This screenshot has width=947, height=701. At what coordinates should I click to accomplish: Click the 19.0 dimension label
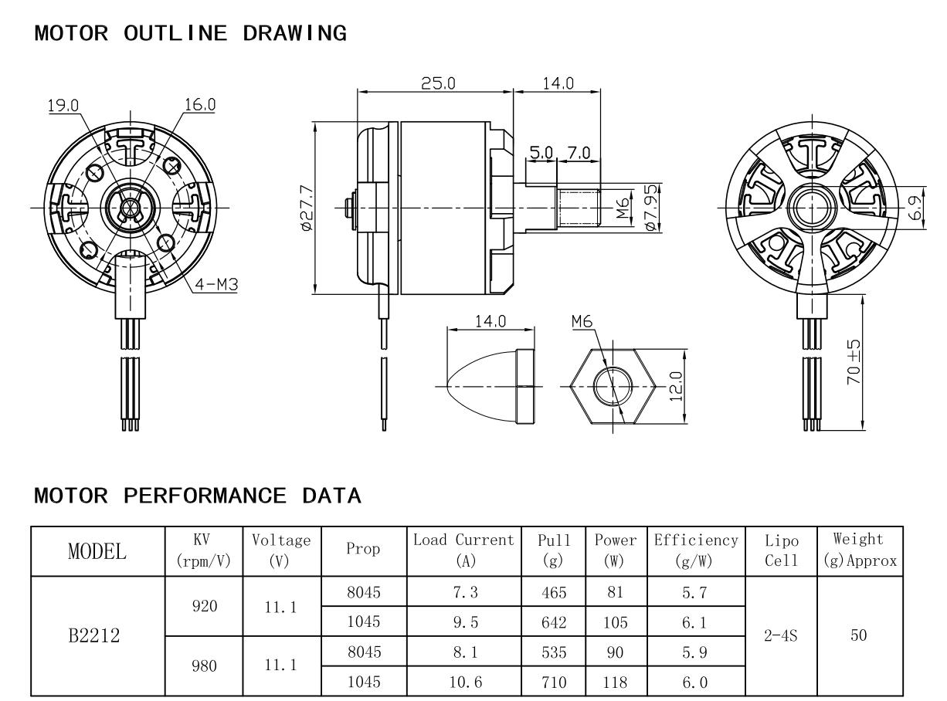coord(63,106)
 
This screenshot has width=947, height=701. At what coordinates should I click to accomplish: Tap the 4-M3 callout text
coord(216,285)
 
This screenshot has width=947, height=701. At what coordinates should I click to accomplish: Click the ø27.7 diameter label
coord(306,208)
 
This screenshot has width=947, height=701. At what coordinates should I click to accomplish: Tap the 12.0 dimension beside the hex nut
coord(677,384)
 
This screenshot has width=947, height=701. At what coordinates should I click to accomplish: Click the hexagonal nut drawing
coord(613,384)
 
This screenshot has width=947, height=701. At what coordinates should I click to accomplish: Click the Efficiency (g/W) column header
coord(696,549)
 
